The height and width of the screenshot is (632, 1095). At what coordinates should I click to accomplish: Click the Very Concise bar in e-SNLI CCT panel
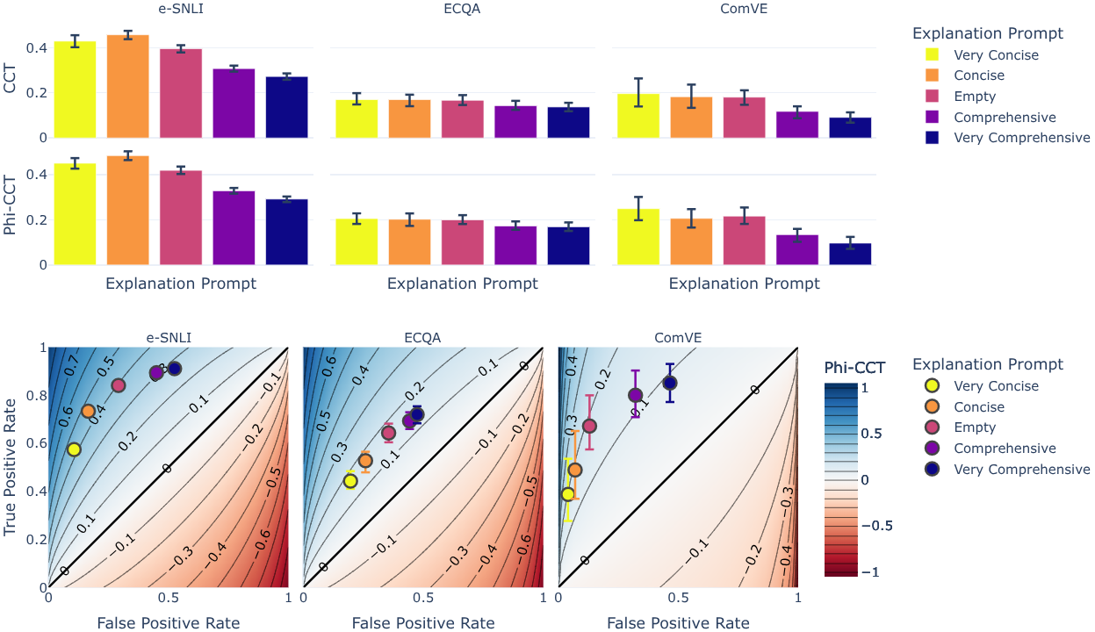tap(75, 90)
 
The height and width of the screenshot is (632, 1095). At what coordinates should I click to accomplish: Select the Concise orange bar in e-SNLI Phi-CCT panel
tap(128, 211)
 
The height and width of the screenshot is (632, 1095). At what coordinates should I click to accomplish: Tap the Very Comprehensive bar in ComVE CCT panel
tap(850, 127)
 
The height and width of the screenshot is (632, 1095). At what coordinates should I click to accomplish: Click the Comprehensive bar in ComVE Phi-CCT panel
tap(797, 250)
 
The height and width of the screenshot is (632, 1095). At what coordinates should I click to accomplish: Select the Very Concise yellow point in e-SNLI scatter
tap(74, 449)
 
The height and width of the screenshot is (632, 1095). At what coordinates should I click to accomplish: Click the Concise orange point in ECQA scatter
tap(365, 461)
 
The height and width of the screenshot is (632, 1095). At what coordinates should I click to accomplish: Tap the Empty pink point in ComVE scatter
tap(589, 426)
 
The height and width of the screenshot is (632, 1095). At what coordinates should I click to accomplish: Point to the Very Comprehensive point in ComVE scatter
tap(670, 383)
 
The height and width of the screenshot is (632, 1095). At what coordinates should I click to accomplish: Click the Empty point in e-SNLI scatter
tap(119, 385)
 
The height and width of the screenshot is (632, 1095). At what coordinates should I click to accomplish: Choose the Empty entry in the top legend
tap(974, 97)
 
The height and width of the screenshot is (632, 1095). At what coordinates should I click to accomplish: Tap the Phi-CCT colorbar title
tap(854, 367)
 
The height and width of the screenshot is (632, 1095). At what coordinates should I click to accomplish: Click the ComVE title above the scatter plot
tap(677, 337)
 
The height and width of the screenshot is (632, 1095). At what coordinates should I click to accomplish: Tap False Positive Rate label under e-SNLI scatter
tap(168, 622)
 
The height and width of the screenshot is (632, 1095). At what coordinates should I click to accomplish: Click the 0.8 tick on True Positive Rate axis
tap(36, 396)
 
